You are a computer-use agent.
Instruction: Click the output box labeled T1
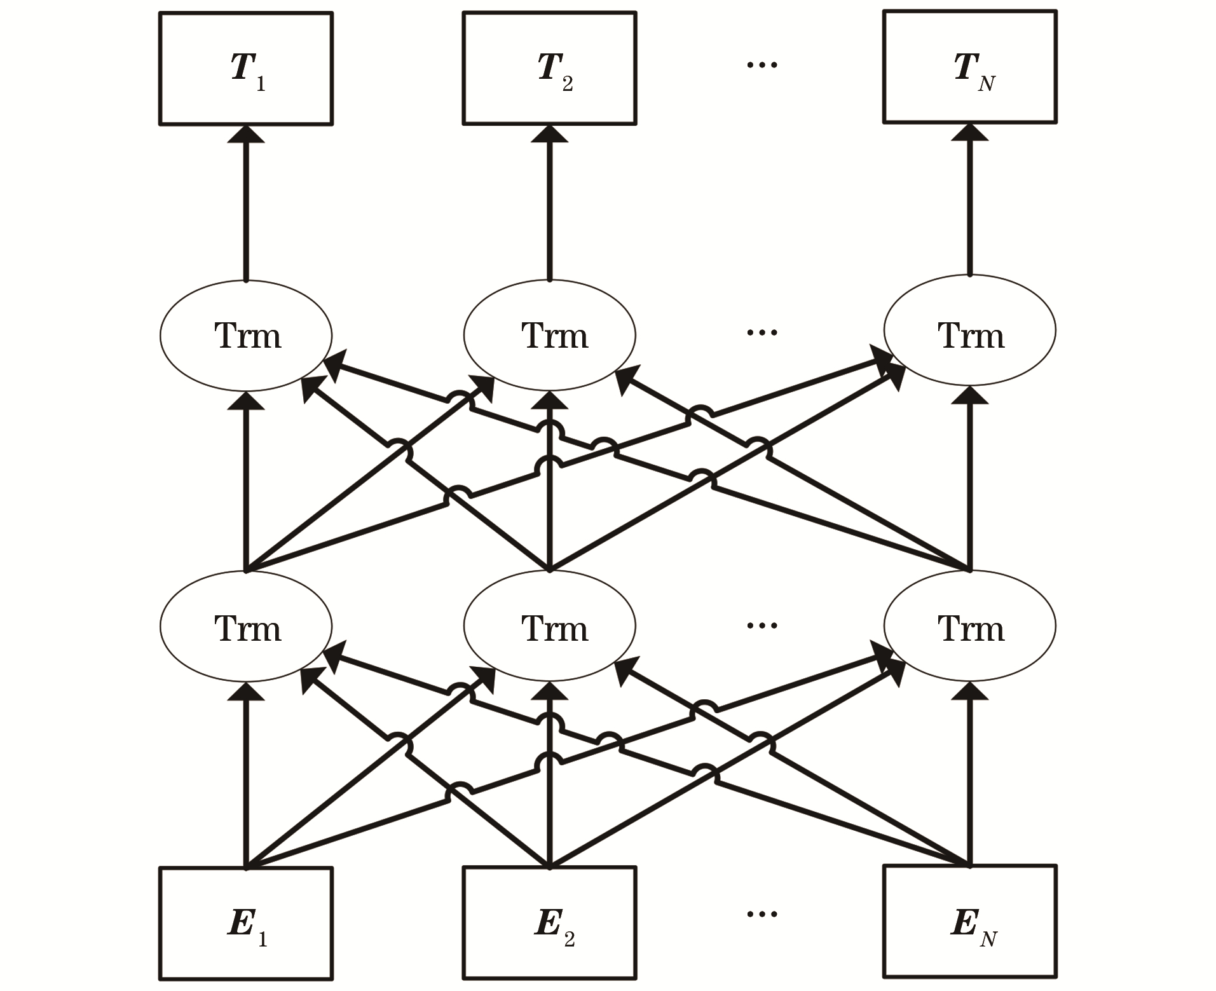[246, 69]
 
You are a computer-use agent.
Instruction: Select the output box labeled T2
[549, 68]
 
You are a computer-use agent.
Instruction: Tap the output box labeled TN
[970, 67]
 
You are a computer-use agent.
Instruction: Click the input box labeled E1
[246, 923]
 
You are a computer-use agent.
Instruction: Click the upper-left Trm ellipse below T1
[246, 336]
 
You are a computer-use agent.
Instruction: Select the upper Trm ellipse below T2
[549, 335]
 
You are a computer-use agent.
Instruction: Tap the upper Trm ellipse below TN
[970, 330]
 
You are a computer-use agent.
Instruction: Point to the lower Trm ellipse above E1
[246, 627]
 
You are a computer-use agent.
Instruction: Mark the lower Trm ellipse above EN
[970, 625]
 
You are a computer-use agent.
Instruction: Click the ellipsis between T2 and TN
[762, 65]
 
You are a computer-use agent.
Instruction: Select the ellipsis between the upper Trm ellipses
[762, 332]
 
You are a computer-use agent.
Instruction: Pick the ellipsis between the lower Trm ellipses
[762, 625]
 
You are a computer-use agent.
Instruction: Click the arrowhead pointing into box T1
[246, 134]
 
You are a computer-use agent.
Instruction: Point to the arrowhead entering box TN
[970, 132]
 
